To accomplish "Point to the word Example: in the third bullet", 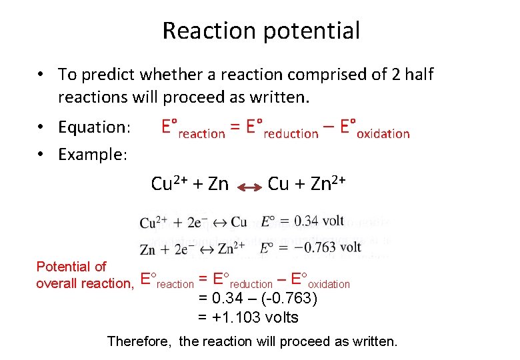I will [x=93, y=154].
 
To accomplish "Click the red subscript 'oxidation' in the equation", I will [x=383, y=134].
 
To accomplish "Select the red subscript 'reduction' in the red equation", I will [x=291, y=134].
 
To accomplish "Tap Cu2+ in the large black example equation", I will [x=169, y=183].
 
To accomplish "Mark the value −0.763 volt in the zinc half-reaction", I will [x=328, y=247].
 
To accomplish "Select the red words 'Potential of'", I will [x=71, y=267].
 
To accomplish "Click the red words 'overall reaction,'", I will [x=84, y=283].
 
